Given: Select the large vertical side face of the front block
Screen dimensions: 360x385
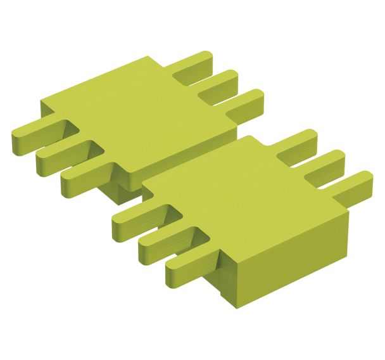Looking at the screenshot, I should pos(285,260).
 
